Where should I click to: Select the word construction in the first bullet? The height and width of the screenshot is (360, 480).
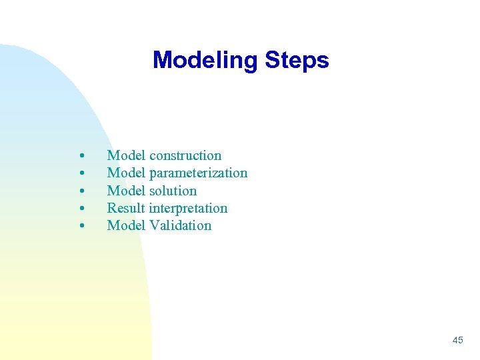point(185,155)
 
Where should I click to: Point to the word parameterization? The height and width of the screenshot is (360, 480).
point(198,173)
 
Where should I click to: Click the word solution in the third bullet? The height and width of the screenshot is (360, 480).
point(173,191)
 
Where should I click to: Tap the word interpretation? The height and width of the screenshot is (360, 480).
point(188,208)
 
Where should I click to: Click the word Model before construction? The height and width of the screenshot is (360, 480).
point(127,155)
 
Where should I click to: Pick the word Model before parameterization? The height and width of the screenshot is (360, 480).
point(127,173)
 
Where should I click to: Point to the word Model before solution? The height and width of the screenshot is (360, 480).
point(127,191)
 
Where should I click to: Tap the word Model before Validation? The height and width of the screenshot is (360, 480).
point(127,225)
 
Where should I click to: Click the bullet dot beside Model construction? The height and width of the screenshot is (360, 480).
point(81,156)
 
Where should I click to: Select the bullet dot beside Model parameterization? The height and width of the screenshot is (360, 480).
point(81,174)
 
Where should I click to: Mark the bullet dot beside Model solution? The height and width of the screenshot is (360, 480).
point(81,191)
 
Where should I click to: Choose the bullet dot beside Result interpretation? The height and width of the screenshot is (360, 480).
point(81,209)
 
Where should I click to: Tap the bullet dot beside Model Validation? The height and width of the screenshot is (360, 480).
point(81,226)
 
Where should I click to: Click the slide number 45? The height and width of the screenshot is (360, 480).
point(457,340)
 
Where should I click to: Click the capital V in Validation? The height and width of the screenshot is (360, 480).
point(154,225)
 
